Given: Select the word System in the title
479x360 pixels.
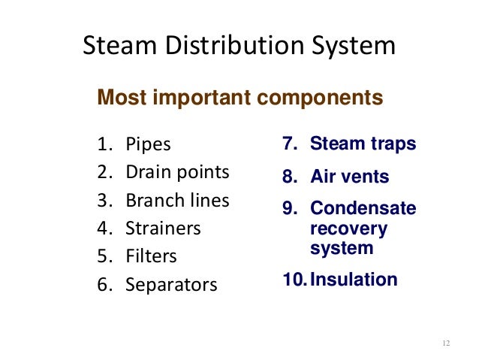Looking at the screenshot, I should click(x=354, y=47).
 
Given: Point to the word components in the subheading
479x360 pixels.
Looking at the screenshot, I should click(x=321, y=98).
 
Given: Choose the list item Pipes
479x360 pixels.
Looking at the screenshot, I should click(x=148, y=144).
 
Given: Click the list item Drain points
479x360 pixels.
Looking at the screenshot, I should click(x=177, y=172).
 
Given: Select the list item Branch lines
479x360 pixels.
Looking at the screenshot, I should click(x=177, y=201).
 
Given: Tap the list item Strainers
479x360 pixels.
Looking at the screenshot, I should click(x=163, y=228).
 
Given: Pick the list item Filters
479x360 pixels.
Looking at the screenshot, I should click(x=151, y=256).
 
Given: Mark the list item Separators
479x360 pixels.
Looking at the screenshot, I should click(x=171, y=285).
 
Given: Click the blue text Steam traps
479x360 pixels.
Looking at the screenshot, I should click(x=363, y=144).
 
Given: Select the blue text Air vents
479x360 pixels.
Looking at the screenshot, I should click(x=349, y=177).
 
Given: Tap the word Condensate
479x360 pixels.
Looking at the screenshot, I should click(x=363, y=208).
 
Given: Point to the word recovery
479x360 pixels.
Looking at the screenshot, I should click(x=348, y=228).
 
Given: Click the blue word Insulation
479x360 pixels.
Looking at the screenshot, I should click(x=354, y=280).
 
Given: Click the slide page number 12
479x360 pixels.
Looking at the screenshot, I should click(x=446, y=343).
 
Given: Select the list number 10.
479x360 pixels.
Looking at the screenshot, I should click(x=293, y=280).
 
